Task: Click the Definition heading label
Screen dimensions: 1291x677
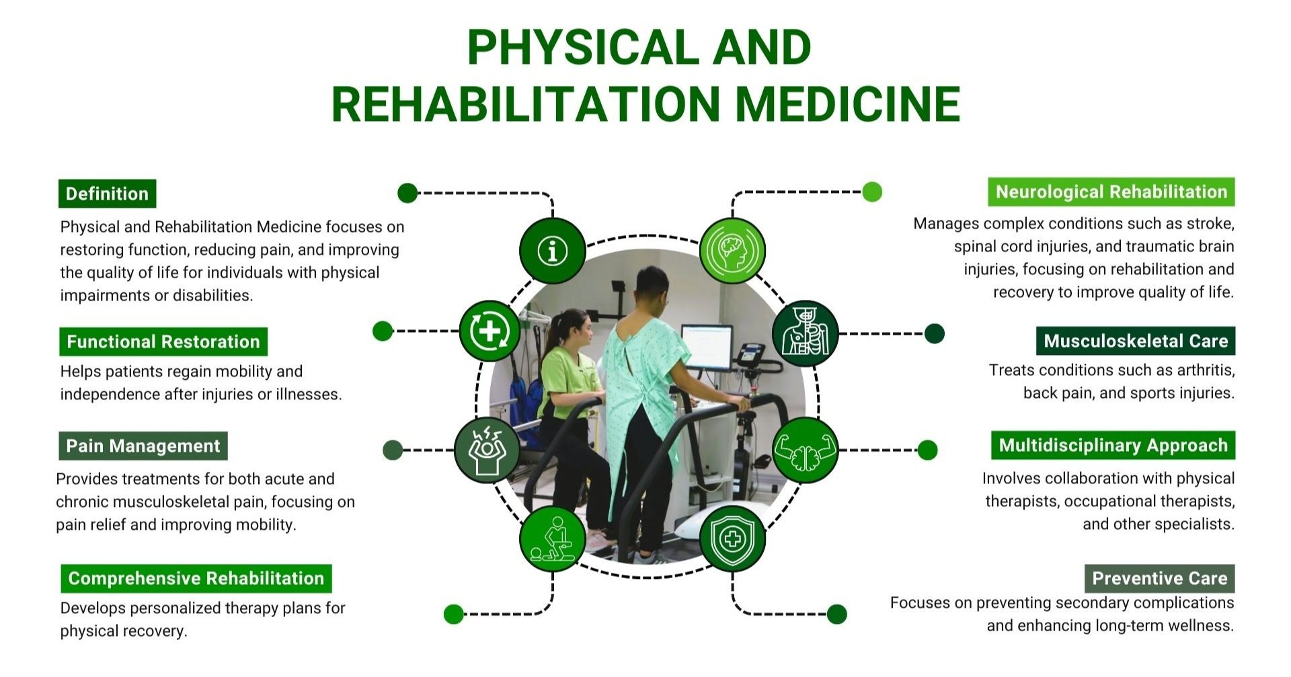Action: pos(107,194)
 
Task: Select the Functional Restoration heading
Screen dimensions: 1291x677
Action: pos(163,342)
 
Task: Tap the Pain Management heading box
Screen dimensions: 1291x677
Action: pos(143,446)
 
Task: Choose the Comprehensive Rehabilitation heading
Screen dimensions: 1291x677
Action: pos(196,578)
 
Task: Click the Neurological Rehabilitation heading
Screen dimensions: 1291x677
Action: pos(1111,192)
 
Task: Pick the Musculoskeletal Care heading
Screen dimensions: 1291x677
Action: pos(1136,341)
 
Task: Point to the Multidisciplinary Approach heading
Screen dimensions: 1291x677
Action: pos(1113,445)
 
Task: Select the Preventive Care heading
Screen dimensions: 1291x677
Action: pos(1159,578)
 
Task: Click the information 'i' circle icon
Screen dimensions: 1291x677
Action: pos(553,251)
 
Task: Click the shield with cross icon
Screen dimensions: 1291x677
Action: pos(732,539)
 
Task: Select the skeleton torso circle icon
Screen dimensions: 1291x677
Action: pos(805,333)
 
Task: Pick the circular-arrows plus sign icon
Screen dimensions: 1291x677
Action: pos(490,331)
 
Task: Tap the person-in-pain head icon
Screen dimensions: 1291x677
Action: pos(487,450)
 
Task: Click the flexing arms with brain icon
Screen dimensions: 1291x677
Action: pos(805,450)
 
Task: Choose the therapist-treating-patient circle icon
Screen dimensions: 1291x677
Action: pos(553,539)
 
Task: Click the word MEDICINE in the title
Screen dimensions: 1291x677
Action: pos(847,104)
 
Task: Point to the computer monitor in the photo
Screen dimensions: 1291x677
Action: pos(707,347)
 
